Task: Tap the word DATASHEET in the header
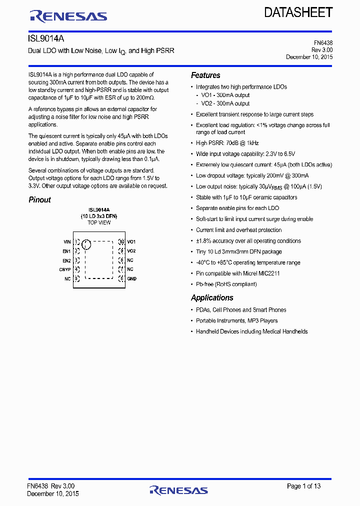[x=298, y=12]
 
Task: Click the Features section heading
[x=205, y=75]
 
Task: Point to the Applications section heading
[x=212, y=298]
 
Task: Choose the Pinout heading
[x=39, y=200]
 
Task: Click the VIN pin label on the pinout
[x=67, y=241]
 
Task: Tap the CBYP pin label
[x=65, y=269]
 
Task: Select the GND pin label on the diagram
[x=131, y=278]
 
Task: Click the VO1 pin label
[x=131, y=241]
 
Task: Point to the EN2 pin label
[x=66, y=260]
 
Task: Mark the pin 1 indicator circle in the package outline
[x=86, y=244]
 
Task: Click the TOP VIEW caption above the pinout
[x=99, y=222]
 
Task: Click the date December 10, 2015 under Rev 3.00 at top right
[x=309, y=57]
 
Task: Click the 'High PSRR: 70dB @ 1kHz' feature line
[x=227, y=143]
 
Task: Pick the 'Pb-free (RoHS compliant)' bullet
[x=226, y=284]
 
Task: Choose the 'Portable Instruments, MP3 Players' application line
[x=236, y=321]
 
